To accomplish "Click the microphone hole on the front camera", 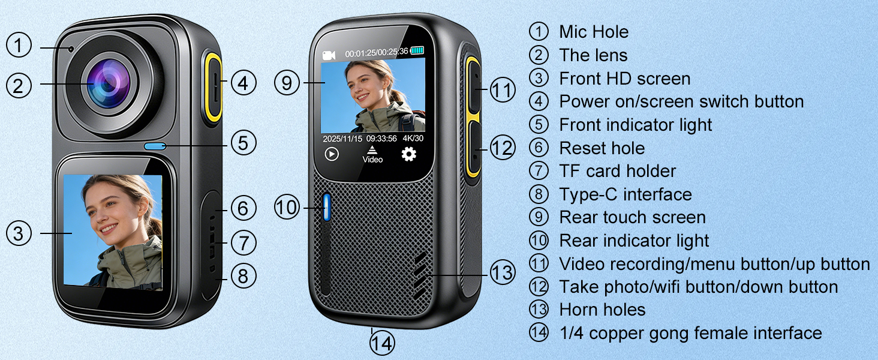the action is pyautogui.click(x=71, y=49).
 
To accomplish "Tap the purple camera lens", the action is pyautogui.click(x=109, y=83).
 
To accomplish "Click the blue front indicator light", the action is pyautogui.click(x=155, y=146).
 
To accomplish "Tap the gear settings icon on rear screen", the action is pyautogui.click(x=409, y=154).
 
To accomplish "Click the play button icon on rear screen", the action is pyautogui.click(x=332, y=154).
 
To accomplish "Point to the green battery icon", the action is pyautogui.click(x=417, y=50).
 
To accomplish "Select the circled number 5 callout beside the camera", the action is pyautogui.click(x=243, y=142).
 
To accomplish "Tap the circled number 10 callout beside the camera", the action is pyautogui.click(x=287, y=207).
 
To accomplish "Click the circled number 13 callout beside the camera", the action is pyautogui.click(x=503, y=272).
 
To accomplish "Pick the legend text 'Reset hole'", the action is pyautogui.click(x=602, y=148).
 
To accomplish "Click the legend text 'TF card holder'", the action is pyautogui.click(x=617, y=171).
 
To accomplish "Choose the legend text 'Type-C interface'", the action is pyautogui.click(x=626, y=194).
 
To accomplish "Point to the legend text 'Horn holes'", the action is pyautogui.click(x=602, y=310).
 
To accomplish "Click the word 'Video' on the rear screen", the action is pyautogui.click(x=372, y=160).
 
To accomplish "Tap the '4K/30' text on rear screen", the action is pyautogui.click(x=413, y=138).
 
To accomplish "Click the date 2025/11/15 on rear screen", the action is pyautogui.click(x=342, y=139).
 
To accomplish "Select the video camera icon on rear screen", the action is pyautogui.click(x=329, y=55).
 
